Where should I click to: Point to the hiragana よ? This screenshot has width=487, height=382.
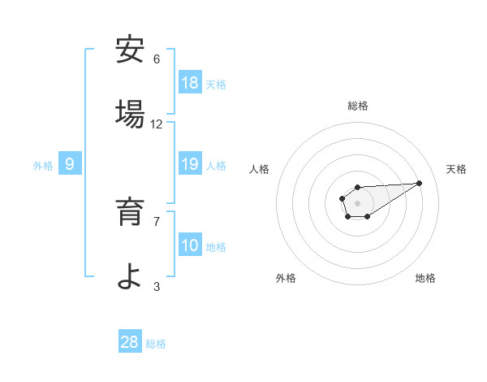pos(130,277)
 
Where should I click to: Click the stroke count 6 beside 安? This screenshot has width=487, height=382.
pos(157,59)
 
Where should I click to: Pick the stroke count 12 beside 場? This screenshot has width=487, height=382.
pos(157,124)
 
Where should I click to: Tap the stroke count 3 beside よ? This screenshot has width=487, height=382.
pos(157,286)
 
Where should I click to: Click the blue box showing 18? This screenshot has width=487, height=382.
pos(190,83)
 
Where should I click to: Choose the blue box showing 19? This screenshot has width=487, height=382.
pos(190,164)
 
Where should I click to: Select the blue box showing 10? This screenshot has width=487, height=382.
pos(190,245)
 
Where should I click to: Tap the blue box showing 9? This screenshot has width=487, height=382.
pos(70,164)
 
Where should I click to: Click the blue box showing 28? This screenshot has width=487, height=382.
pos(130,342)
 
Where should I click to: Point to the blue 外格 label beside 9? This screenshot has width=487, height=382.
pos(43,165)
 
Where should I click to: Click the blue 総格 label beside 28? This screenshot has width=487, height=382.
pos(156,344)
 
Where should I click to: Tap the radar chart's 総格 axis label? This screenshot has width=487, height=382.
pos(357,106)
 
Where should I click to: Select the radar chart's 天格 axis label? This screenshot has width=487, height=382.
pos(457,169)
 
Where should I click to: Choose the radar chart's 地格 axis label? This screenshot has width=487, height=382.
pos(425,278)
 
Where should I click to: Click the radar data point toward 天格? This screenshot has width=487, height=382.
pos(420,182)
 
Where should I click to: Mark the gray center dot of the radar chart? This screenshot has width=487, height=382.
pos(357,202)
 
